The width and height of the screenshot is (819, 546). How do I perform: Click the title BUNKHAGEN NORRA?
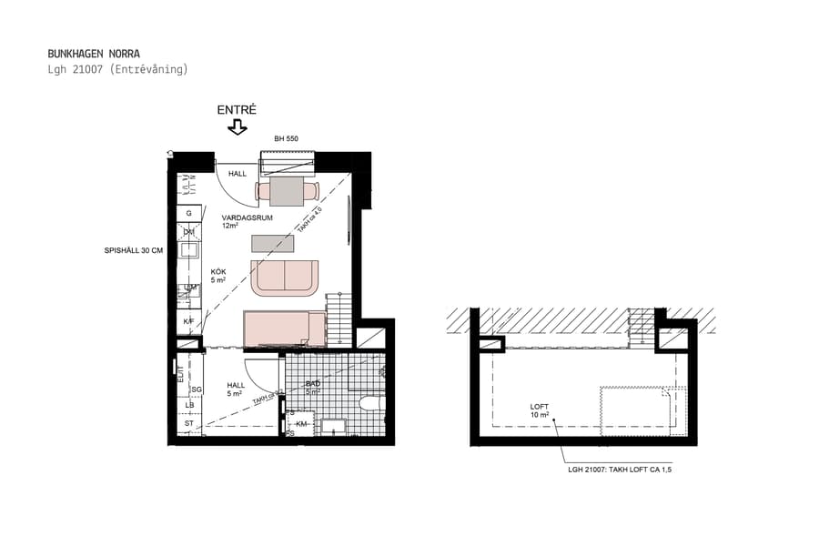tap(94, 54)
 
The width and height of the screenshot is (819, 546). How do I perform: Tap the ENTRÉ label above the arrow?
tap(237, 110)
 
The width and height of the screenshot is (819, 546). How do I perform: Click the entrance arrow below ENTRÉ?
tap(238, 127)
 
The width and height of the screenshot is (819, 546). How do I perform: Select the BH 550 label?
tap(287, 139)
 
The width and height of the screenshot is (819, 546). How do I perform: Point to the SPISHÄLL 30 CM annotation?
tap(133, 250)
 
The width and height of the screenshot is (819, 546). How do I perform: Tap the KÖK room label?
tap(218, 272)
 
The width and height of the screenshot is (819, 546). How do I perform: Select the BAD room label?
tap(313, 385)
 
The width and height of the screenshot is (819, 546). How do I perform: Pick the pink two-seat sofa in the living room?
tap(285, 277)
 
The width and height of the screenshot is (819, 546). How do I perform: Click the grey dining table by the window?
tap(287, 191)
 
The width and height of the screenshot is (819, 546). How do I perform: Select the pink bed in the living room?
tap(284, 328)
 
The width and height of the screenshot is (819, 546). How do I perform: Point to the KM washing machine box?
tap(302, 424)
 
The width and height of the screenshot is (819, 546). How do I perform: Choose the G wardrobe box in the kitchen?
tap(188, 213)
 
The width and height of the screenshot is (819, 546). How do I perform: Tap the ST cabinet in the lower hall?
tap(189, 423)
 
